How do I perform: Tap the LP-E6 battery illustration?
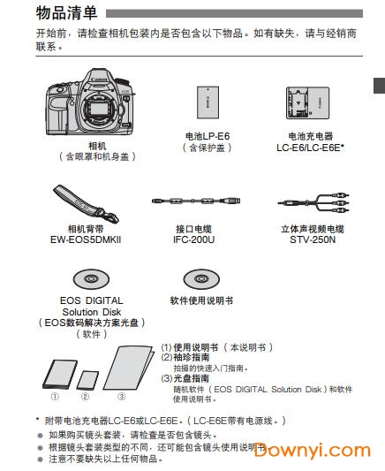tap(208, 103)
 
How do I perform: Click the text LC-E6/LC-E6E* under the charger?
tap(310, 148)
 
